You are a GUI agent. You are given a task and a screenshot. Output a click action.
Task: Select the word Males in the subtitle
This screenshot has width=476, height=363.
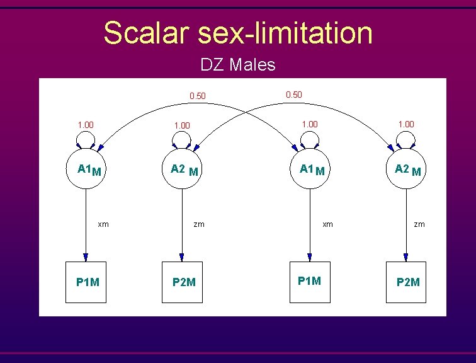point(252,64)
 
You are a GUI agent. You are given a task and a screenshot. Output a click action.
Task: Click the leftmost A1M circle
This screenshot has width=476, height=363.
point(86,170)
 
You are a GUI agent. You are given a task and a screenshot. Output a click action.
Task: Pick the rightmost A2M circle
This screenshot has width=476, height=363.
point(407,170)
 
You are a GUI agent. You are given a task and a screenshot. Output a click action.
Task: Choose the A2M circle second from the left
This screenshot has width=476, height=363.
point(182,170)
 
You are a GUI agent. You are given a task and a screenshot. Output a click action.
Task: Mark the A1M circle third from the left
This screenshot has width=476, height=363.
point(310,170)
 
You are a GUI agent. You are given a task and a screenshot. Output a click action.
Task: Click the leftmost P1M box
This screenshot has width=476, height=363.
point(86,282)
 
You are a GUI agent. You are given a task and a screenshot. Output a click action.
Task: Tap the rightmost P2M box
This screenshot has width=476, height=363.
point(407,282)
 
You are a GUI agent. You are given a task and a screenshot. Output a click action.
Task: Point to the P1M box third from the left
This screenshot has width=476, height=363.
point(310,280)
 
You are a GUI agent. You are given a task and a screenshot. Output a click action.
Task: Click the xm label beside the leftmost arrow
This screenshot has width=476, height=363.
point(103,223)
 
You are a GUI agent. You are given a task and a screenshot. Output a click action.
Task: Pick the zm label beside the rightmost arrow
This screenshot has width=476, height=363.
point(419,223)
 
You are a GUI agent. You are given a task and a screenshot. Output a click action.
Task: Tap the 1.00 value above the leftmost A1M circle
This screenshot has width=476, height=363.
point(86,125)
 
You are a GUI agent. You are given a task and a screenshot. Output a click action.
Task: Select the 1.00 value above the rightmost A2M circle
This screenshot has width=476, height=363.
point(406,124)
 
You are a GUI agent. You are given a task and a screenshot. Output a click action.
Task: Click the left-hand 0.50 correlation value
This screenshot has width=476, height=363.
point(198,96)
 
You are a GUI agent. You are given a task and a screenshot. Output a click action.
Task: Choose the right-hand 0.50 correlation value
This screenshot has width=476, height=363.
point(293,95)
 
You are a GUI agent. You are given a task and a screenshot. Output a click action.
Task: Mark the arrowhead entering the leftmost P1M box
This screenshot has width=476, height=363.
point(86,257)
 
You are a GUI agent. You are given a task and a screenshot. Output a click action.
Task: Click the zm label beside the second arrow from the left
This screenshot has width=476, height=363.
point(199,223)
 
